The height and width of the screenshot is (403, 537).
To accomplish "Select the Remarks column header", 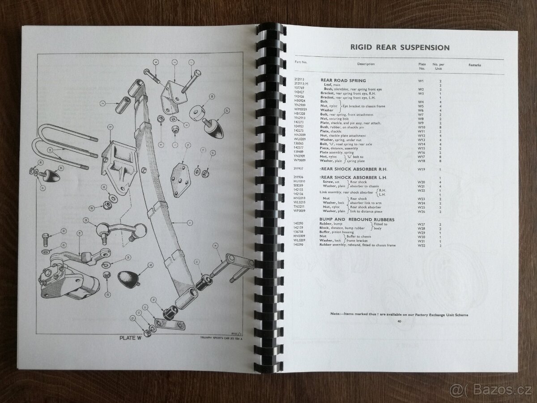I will pyautogui.click(x=475, y=65).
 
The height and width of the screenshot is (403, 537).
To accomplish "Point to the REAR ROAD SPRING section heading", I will pyautogui.click(x=343, y=80).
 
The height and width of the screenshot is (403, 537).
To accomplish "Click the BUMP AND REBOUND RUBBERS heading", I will pyautogui.click(x=357, y=219).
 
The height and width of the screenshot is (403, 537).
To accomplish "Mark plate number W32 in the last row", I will pyautogui.click(x=421, y=245).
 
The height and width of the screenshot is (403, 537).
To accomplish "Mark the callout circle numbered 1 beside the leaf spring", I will pyautogui.click(x=190, y=221).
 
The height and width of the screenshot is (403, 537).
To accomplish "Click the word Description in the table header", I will pyautogui.click(x=366, y=64).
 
